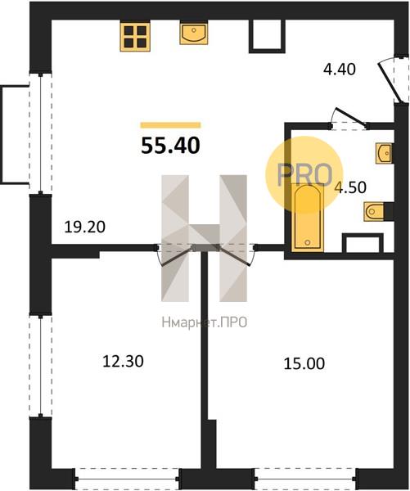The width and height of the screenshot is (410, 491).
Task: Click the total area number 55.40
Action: [x=170, y=146]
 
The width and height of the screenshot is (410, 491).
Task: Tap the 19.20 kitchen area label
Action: [x=84, y=227]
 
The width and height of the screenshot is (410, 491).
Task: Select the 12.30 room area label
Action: [x=123, y=361]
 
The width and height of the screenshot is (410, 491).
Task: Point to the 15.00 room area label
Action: [x=304, y=364]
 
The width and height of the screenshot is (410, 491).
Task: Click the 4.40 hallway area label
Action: [x=340, y=70]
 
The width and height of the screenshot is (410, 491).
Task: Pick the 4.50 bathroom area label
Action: [x=350, y=187]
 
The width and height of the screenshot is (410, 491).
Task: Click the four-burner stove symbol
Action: [x=135, y=36]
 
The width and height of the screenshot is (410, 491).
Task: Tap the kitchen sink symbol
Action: [x=194, y=33]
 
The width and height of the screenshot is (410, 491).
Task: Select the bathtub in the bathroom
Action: [x=307, y=218]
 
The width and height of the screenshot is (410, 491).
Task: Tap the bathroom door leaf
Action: [x=351, y=118]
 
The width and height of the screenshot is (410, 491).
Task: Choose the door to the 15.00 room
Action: [x=234, y=256]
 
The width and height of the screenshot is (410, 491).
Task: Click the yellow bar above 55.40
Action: [x=170, y=125]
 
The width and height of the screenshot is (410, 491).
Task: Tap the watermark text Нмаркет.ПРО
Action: [x=205, y=322]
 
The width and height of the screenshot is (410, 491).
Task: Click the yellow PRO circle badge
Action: [x=304, y=175]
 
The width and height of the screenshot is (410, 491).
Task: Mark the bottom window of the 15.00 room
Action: [x=306, y=480]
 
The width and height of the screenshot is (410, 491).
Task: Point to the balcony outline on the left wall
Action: [x=2, y=135]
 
